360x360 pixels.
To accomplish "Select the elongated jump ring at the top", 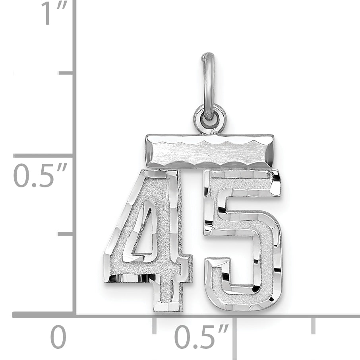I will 209,84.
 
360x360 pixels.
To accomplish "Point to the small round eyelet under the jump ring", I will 210,117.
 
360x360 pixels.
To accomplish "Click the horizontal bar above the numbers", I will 209,151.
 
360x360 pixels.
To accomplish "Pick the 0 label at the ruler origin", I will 58,338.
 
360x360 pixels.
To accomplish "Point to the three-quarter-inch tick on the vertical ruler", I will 66,73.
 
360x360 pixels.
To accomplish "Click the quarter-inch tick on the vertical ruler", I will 66,234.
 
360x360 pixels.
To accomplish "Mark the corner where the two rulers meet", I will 74,315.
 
